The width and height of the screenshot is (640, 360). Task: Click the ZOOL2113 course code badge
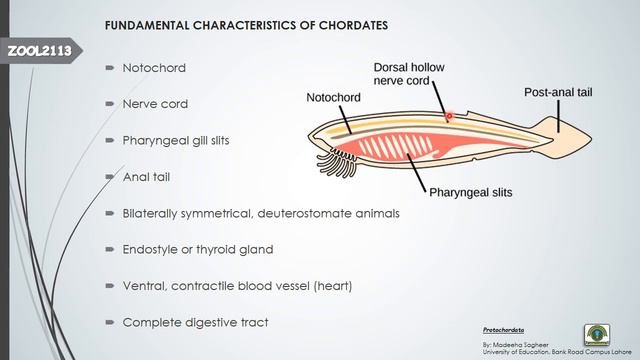pos(39,51)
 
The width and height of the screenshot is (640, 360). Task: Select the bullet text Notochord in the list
pos(153,68)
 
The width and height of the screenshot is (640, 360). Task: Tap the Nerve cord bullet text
pos(155,104)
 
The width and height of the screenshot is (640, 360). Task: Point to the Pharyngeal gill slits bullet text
pos(175,140)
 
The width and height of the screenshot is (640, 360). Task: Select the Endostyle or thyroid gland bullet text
pos(197,249)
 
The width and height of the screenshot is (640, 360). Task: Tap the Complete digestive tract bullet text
pos(195,322)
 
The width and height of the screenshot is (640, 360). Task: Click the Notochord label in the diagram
pos(334,98)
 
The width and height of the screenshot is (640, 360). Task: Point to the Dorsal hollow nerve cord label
pos(409,73)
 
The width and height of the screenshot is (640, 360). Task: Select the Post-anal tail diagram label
pos(558,92)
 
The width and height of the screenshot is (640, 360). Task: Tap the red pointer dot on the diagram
pos(449,116)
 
